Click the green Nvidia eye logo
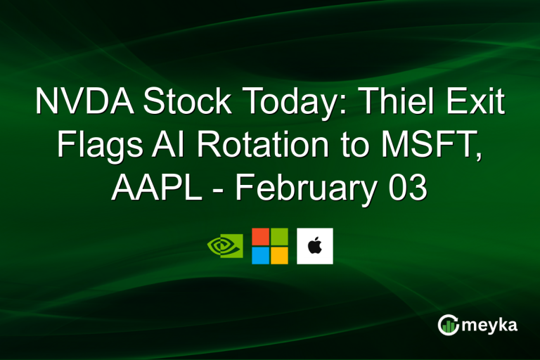pos(225,246)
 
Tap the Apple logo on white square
pos(314,246)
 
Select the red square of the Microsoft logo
pos(261,237)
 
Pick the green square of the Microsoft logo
pos(279,237)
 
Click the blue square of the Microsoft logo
pos(261,255)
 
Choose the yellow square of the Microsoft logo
pos(279,255)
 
